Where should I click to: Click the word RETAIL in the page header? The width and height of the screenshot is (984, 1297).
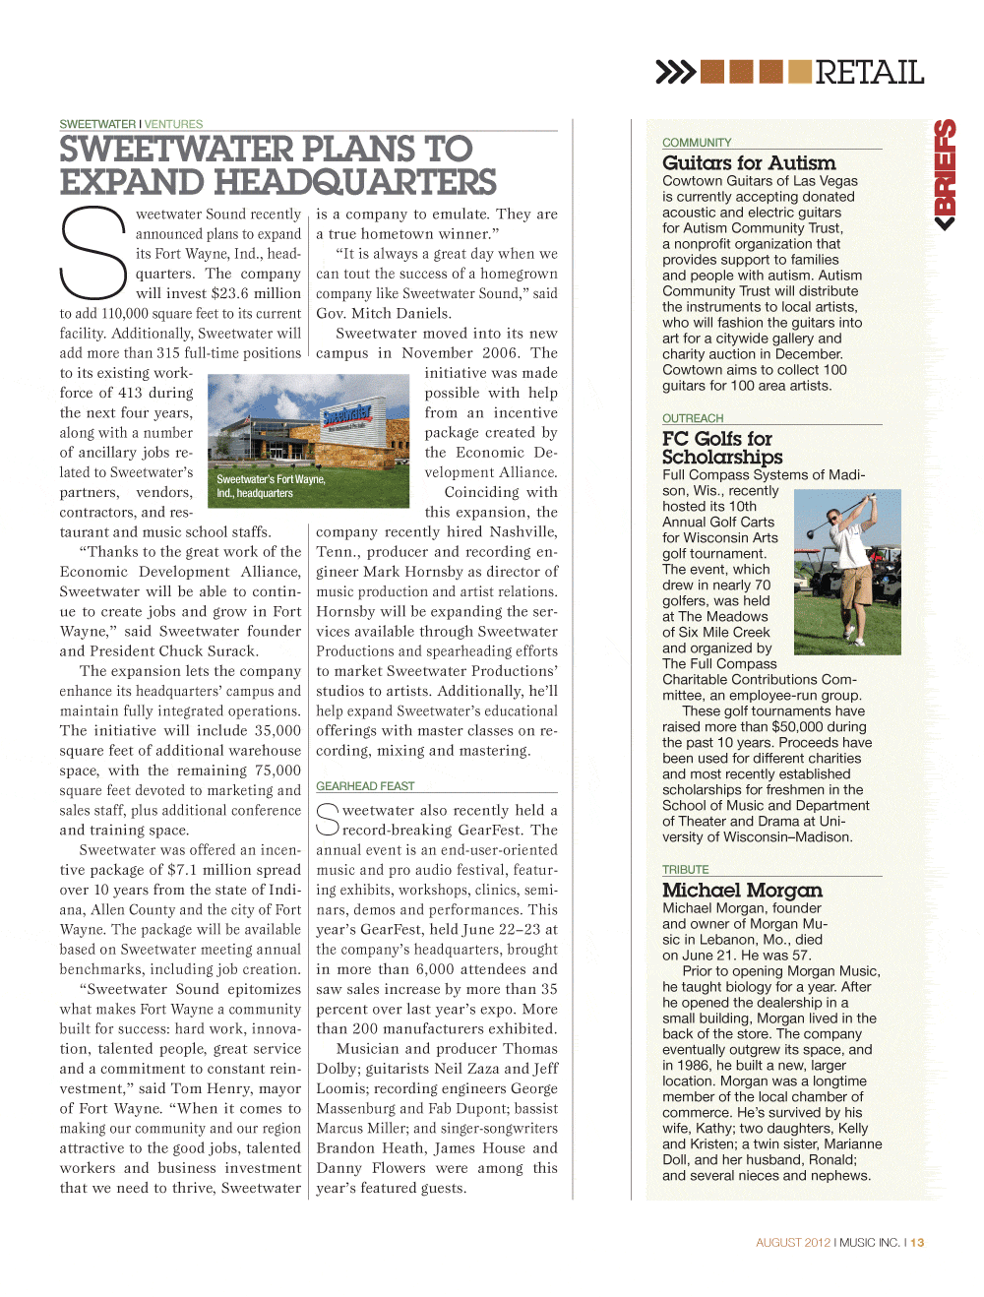(869, 73)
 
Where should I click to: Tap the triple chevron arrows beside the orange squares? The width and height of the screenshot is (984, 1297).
(675, 72)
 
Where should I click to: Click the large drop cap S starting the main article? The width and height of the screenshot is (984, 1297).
(93, 253)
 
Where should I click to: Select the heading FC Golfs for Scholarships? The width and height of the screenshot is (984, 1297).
(722, 448)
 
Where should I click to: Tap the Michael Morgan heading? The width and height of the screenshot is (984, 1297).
(742, 890)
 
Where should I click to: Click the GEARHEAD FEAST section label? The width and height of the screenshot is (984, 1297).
(365, 786)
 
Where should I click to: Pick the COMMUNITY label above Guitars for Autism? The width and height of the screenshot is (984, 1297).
(697, 143)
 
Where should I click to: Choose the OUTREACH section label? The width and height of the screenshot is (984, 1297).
(693, 418)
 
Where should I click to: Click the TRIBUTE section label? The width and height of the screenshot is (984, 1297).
(685, 870)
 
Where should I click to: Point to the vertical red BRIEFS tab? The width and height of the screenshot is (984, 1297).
(945, 174)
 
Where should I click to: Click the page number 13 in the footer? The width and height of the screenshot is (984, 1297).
(917, 1243)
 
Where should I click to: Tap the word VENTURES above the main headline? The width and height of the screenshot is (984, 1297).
(174, 124)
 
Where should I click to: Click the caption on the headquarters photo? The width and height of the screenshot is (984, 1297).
(271, 486)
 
